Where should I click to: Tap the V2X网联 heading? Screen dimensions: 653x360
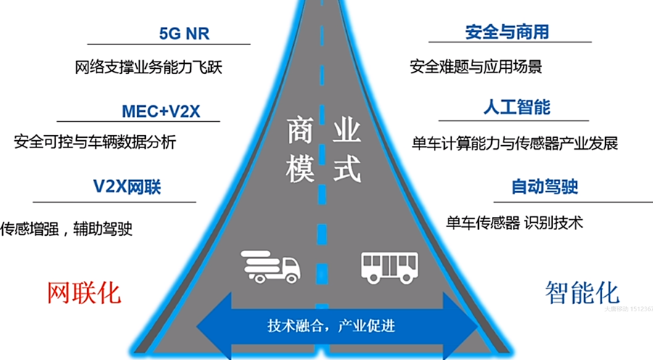[127, 187]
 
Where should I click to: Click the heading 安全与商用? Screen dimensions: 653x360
[506, 32]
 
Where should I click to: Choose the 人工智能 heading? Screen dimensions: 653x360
[517, 107]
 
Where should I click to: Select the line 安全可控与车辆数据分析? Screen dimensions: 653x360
[95, 142]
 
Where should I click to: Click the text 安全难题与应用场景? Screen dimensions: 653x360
[476, 67]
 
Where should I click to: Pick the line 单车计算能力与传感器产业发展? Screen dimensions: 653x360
[514, 143]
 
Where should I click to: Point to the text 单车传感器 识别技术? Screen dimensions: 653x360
[514, 223]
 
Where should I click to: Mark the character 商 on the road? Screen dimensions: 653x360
[300, 131]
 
